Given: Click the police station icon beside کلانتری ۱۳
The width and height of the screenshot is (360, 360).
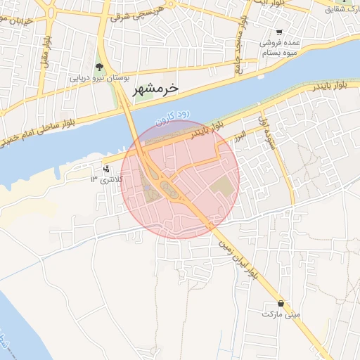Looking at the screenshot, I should (106, 169).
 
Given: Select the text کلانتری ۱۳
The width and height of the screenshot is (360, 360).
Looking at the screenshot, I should (105, 180).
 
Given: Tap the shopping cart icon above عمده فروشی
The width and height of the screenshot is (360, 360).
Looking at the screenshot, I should (280, 32).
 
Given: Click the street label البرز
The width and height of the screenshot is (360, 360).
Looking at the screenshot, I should (240, 134).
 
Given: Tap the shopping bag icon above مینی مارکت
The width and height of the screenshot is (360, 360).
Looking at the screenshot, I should (281, 303).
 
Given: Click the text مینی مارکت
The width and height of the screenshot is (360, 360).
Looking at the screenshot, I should (281, 314).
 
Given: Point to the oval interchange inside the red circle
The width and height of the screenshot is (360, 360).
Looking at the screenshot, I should (168, 188).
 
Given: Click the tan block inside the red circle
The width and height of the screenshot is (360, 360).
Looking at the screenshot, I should (221, 186).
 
